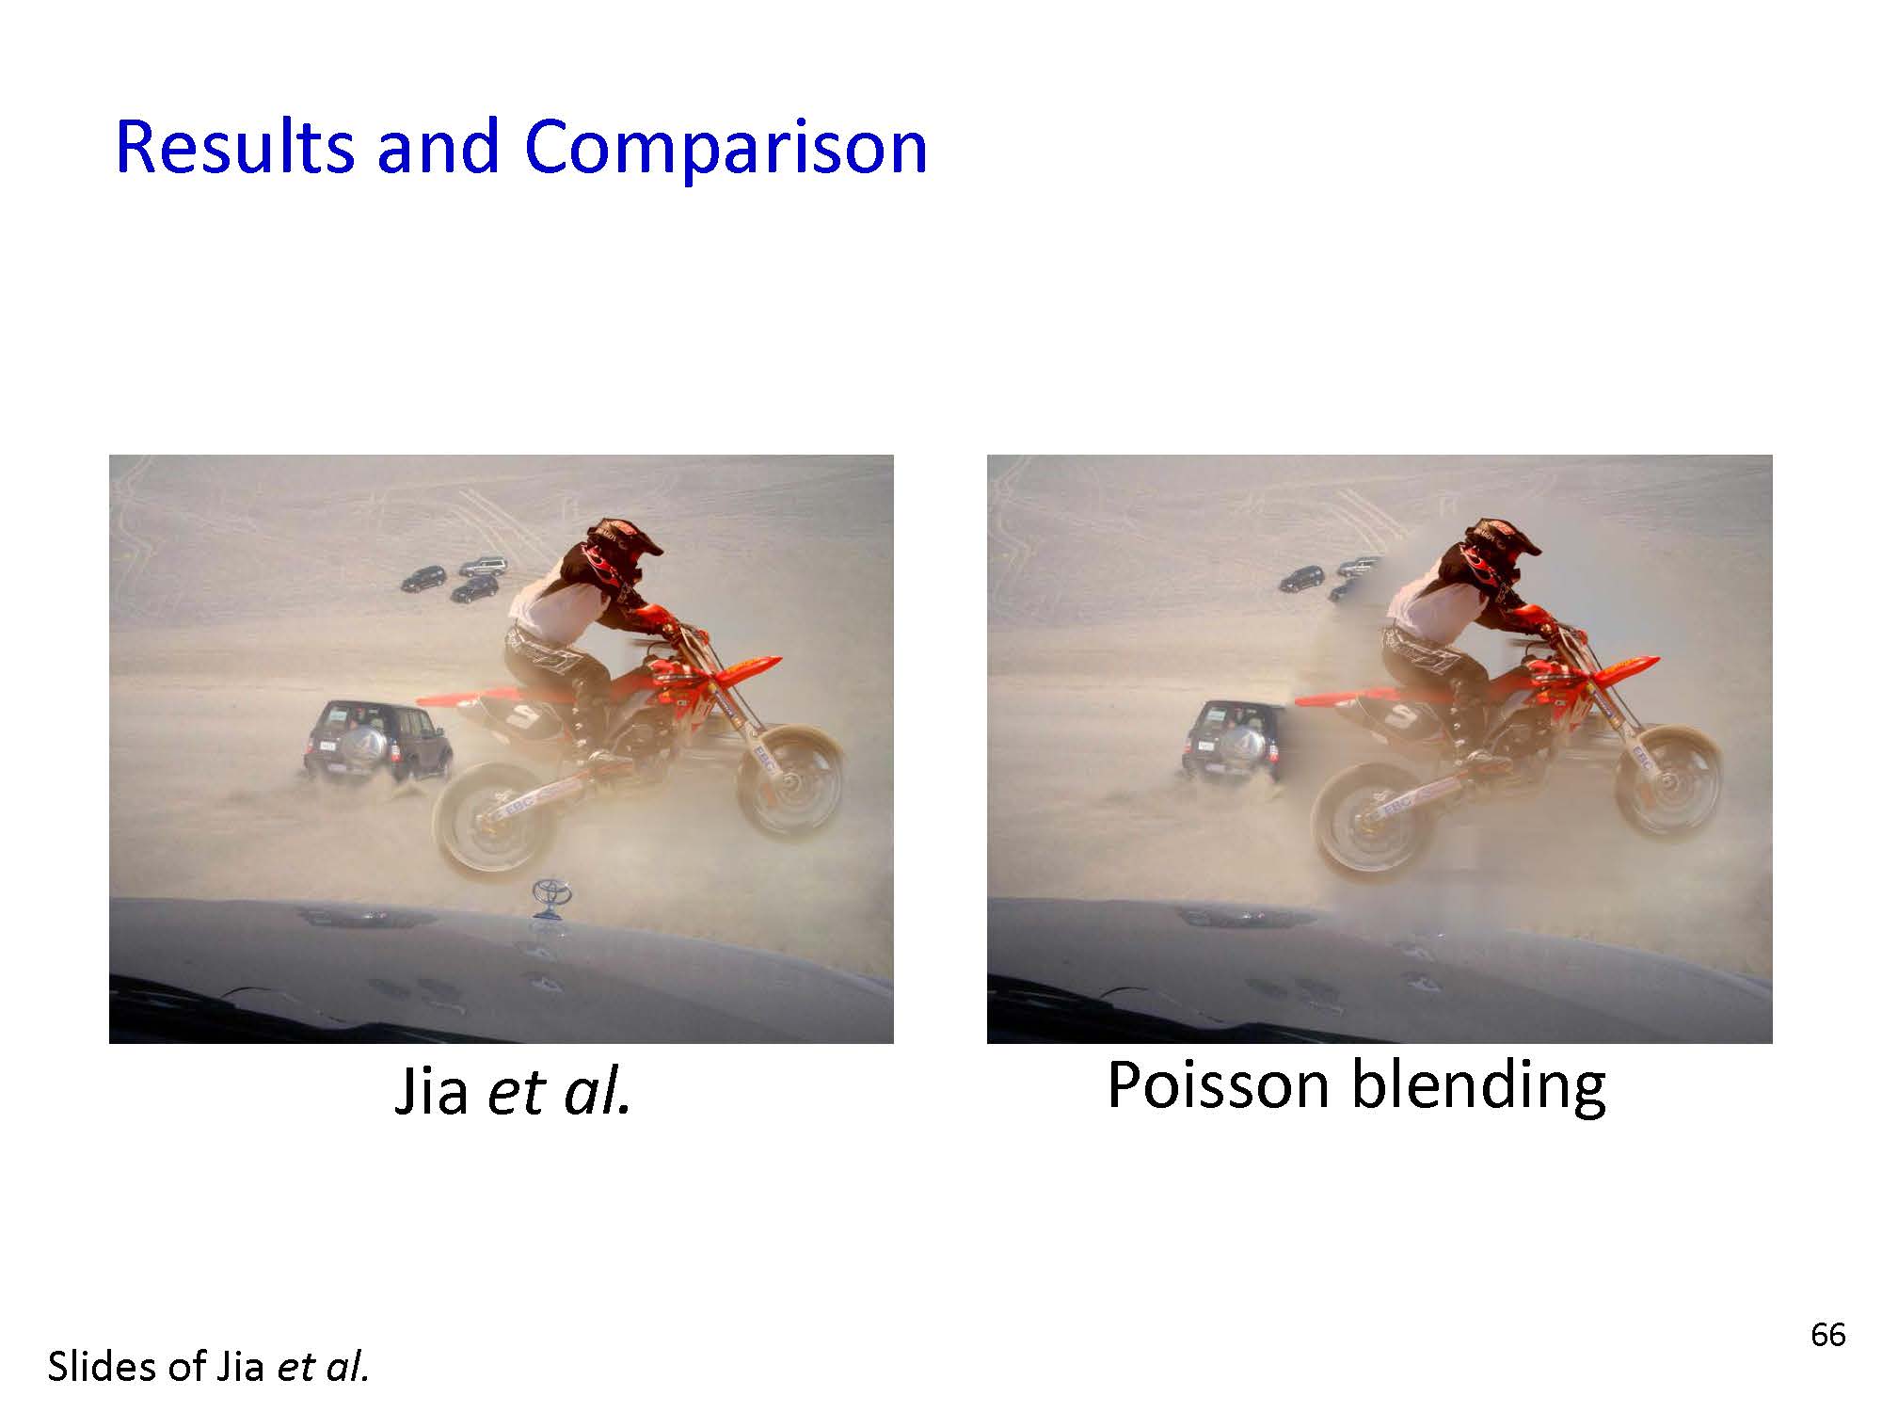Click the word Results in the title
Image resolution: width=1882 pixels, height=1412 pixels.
tap(235, 147)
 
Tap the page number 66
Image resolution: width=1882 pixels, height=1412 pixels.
tap(1828, 1335)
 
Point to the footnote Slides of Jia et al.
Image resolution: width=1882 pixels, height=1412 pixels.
tap(208, 1367)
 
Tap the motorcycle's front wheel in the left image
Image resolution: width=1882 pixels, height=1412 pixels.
tap(790, 779)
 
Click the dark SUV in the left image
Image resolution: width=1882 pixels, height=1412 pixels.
tap(376, 741)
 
